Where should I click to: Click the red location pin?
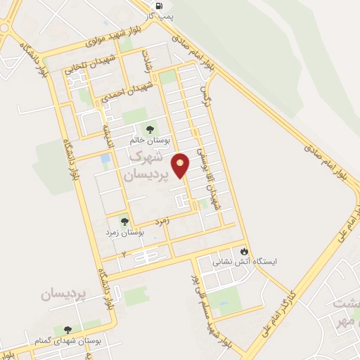click(x=181, y=165)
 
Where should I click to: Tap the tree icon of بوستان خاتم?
click(x=149, y=129)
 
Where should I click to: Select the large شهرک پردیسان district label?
click(x=148, y=165)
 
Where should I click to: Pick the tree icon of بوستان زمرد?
click(x=125, y=221)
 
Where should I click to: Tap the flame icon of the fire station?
click(x=244, y=250)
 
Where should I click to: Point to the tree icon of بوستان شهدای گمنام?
click(x=68, y=328)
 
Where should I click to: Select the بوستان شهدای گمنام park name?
click(x=67, y=340)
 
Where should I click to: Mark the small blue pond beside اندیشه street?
click(x=105, y=160)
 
